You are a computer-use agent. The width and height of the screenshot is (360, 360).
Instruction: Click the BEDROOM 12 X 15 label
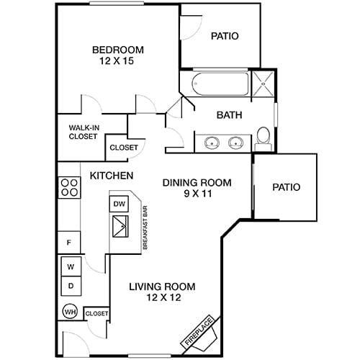(x=117, y=55)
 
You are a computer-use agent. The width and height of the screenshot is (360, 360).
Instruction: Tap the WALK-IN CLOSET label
(x=84, y=132)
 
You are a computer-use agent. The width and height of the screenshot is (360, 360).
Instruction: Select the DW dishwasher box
(x=119, y=204)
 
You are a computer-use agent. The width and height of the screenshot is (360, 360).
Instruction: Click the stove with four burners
(x=70, y=188)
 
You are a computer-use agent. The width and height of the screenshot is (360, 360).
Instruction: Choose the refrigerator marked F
(x=70, y=243)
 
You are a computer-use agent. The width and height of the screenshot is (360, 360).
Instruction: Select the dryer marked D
(x=71, y=286)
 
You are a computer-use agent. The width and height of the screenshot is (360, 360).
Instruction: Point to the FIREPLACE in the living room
(x=200, y=332)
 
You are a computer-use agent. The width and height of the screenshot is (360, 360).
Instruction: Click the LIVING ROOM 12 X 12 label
(x=162, y=292)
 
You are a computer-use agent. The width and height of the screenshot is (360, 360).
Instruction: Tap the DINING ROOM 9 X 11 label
(x=197, y=188)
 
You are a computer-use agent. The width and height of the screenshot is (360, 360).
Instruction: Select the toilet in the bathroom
(x=264, y=136)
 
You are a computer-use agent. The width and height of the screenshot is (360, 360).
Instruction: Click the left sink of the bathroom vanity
(x=211, y=142)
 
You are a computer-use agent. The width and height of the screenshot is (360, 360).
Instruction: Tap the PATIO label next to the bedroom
(x=225, y=36)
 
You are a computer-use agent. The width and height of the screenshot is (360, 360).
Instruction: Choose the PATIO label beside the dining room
(x=286, y=187)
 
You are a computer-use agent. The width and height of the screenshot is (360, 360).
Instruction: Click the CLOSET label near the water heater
(x=96, y=314)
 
